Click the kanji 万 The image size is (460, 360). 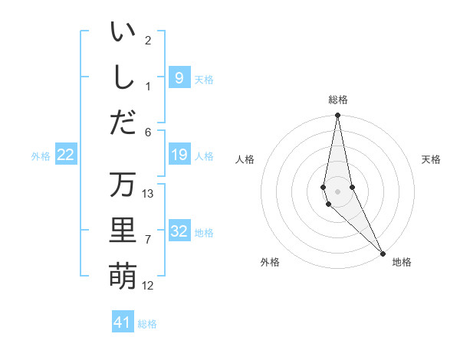point(123,185)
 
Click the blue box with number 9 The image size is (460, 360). point(179,77)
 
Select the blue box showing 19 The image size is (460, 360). point(179,155)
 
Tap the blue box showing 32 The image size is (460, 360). point(179,231)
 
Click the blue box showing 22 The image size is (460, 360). point(66,155)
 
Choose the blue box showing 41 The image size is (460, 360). point(123,322)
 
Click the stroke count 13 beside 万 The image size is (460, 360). point(148,193)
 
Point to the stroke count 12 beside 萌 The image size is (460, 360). point(148,286)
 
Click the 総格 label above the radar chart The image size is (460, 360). point(337,100)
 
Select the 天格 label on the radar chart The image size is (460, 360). point(431,159)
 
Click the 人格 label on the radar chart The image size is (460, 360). point(245,159)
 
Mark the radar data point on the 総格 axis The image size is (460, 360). point(337,116)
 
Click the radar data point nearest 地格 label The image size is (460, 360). point(383,254)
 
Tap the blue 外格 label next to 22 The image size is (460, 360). point(41,156)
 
